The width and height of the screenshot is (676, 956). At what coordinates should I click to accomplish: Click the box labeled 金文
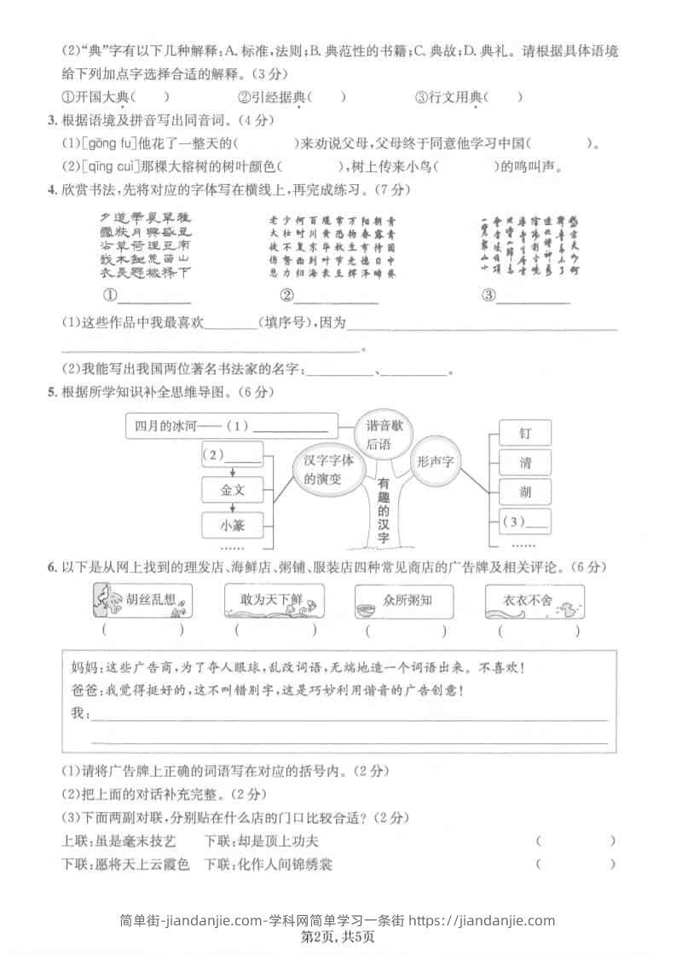click(x=233, y=490)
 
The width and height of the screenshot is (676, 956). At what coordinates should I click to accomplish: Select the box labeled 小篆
click(x=233, y=524)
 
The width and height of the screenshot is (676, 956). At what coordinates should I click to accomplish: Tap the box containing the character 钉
click(x=524, y=434)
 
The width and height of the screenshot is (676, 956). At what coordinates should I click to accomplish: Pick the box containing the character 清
click(x=524, y=463)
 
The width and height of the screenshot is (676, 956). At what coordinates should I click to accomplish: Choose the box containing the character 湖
click(x=524, y=492)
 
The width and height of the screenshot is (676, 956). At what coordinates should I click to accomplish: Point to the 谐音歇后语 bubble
click(x=384, y=435)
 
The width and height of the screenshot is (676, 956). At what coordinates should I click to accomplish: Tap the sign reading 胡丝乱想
click(x=141, y=602)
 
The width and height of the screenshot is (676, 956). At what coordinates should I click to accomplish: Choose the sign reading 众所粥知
click(x=404, y=602)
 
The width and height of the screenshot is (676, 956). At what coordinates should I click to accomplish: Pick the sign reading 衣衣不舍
click(x=535, y=602)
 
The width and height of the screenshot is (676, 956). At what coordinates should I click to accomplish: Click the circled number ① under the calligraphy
click(x=109, y=297)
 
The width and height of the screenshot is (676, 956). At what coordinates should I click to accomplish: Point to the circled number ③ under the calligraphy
click(x=488, y=297)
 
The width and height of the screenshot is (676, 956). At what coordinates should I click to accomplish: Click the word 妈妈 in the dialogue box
click(x=81, y=669)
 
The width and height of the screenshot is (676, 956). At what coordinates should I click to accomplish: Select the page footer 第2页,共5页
click(x=338, y=936)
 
